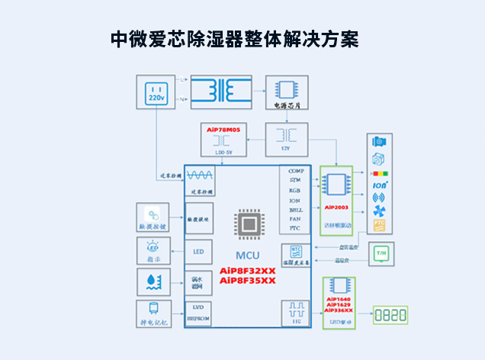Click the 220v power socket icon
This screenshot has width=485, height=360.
coord(156,93)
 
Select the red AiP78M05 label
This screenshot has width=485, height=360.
coord(223,130)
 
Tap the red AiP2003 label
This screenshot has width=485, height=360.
coord(336,207)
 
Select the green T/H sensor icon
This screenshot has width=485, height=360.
coord(381,253)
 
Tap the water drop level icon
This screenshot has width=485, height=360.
coord(148,282)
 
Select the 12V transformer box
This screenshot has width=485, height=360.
coord(287,139)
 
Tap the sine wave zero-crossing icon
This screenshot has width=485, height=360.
coord(200,175)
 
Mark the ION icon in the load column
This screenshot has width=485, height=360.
coord(379,184)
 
